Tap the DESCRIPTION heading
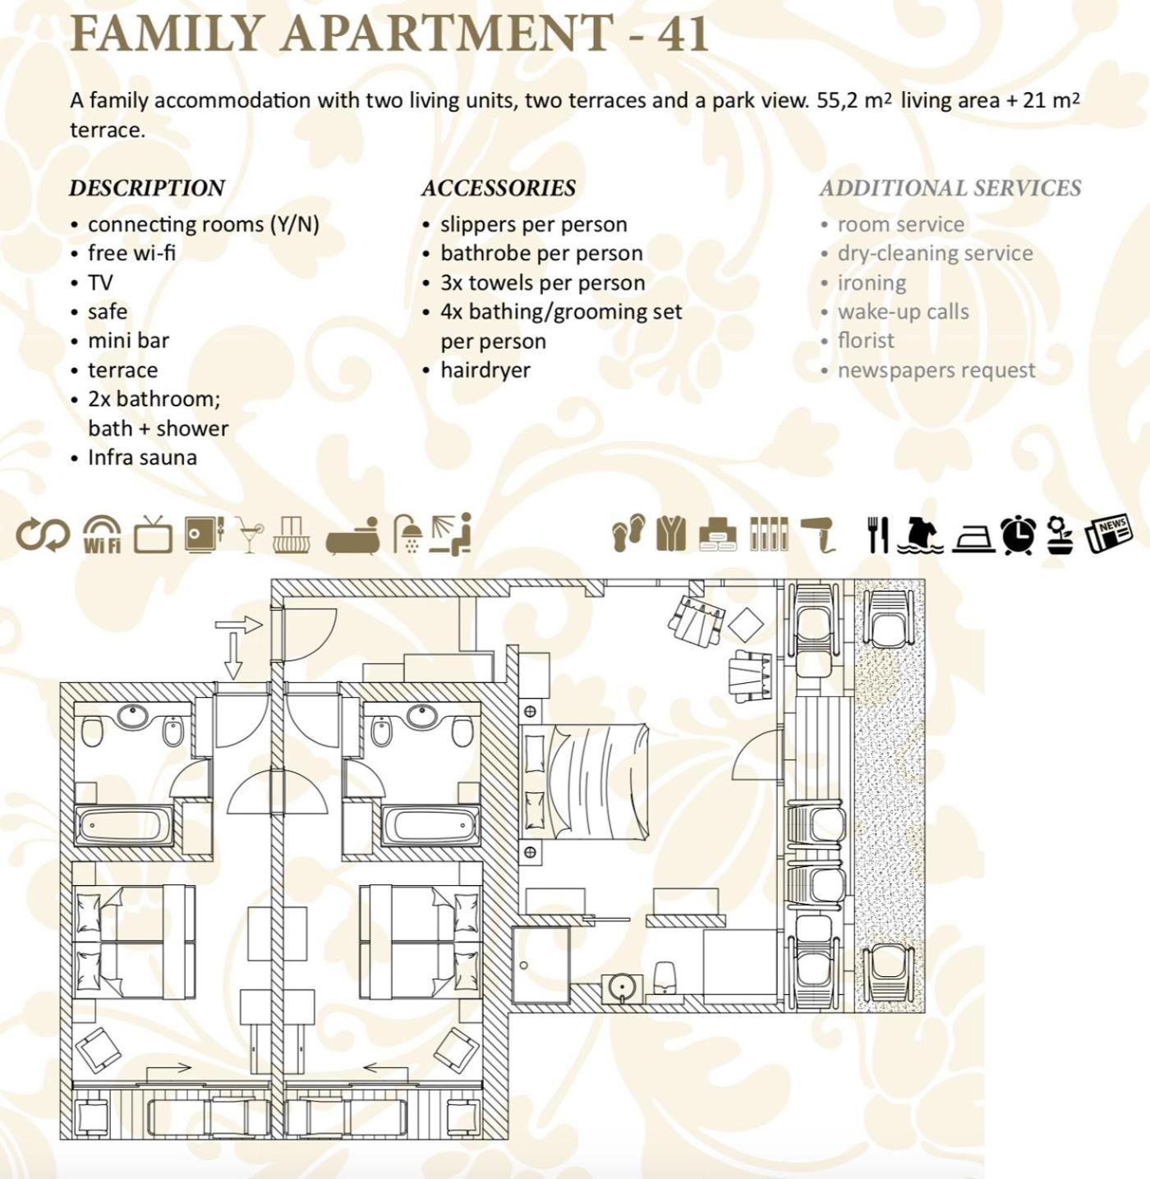(x=147, y=188)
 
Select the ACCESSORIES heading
(x=499, y=188)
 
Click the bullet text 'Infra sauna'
(x=142, y=457)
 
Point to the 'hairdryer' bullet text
(x=485, y=370)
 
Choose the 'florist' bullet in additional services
(x=866, y=341)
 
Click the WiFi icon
(x=102, y=534)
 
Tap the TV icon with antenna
(x=154, y=534)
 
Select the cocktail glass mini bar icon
(x=249, y=534)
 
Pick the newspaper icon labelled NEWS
(x=1109, y=534)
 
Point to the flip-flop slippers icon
(x=628, y=533)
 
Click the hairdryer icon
(x=818, y=535)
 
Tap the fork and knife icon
(x=878, y=534)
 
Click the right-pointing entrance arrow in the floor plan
(x=239, y=626)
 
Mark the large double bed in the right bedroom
(x=584, y=780)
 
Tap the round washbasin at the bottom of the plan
(x=619, y=985)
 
